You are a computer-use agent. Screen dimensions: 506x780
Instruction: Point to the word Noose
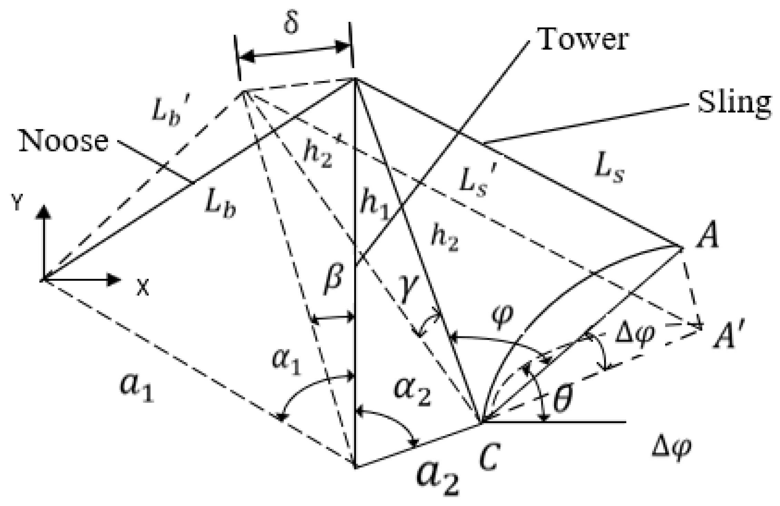coord(64,141)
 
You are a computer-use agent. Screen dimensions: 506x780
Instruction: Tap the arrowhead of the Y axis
coord(43,212)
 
